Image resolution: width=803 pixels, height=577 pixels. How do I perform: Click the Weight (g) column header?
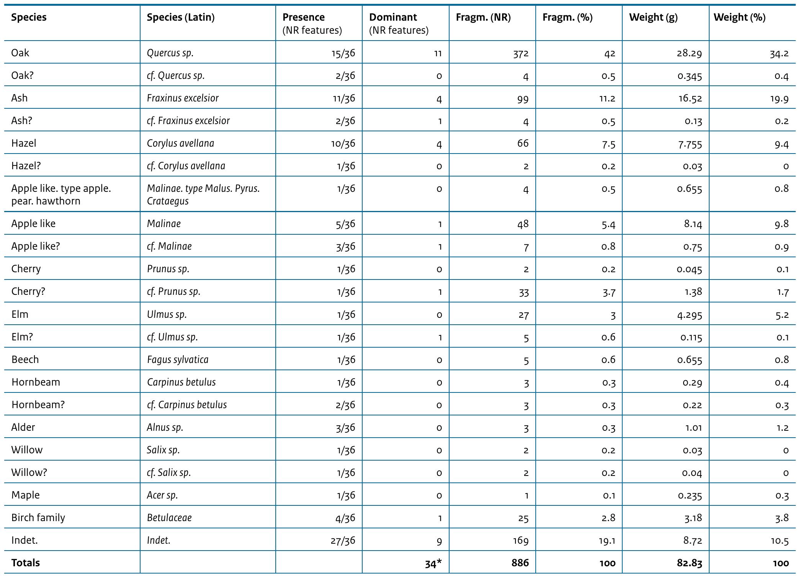pos(653,17)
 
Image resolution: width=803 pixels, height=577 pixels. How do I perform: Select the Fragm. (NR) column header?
pos(483,17)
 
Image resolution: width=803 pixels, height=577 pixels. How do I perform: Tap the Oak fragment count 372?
pos(521,53)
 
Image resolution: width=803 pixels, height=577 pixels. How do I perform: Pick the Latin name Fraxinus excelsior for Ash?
pos(183,98)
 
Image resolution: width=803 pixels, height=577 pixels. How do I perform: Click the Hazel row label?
pos(24,143)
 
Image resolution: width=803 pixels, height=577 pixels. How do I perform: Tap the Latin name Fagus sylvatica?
pos(178,360)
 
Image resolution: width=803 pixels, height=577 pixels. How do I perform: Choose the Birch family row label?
pos(38,518)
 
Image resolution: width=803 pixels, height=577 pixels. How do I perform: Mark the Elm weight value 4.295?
pos(690,315)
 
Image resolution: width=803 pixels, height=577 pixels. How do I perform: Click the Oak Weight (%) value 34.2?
pos(779,53)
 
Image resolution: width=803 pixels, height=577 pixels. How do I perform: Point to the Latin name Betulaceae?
pos(169,518)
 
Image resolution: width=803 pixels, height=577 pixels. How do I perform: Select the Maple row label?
pos(26,495)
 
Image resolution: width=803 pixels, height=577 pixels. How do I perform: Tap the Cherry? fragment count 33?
pos(523,292)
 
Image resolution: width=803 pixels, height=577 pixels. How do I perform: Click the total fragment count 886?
pos(520,563)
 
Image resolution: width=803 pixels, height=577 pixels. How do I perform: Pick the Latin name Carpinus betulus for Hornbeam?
pos(181,382)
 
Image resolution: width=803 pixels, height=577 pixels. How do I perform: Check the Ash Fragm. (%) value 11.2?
pos(607,98)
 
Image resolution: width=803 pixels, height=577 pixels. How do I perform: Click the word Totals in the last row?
pos(26,563)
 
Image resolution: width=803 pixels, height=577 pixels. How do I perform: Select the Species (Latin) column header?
pos(180,17)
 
